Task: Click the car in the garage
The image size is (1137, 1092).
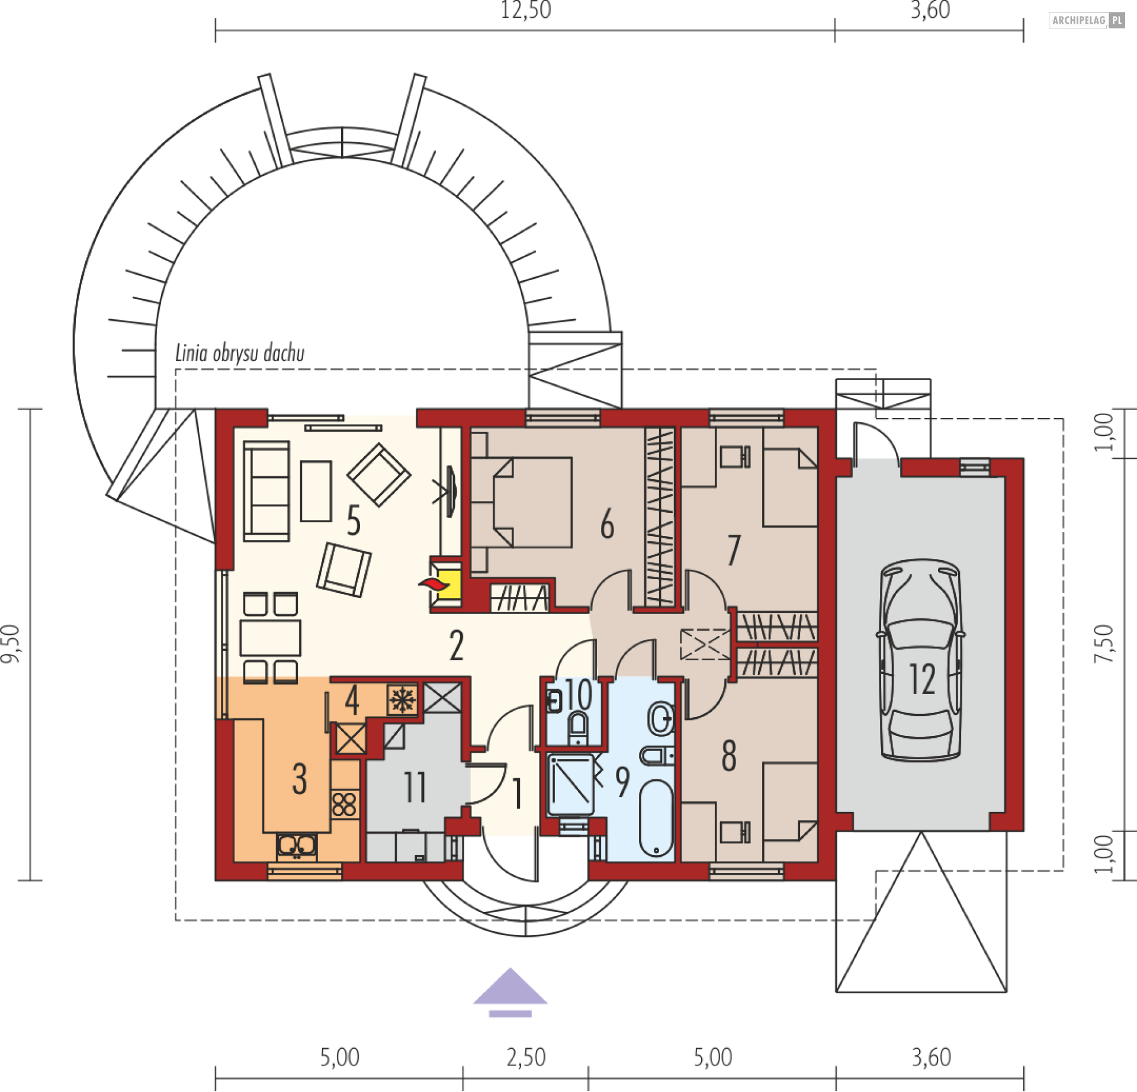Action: coord(921,660)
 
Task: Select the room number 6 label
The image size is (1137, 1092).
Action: coord(608,524)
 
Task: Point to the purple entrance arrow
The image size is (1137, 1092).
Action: coord(510,993)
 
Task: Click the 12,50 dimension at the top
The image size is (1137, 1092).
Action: coord(526,10)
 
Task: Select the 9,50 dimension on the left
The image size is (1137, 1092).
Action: coord(11,644)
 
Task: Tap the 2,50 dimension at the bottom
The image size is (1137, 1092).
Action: coord(526,1057)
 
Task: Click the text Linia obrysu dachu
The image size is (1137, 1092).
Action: coord(240,353)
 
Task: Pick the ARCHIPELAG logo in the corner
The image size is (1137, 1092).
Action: coord(1087,20)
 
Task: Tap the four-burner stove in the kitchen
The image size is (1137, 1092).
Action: coord(344,805)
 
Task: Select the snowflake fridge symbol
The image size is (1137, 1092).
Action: coord(402,700)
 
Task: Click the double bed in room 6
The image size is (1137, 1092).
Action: coord(522,502)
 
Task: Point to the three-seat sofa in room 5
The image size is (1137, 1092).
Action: coord(266,491)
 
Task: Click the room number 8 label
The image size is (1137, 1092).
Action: coord(730,756)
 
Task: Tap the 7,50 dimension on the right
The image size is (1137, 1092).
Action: coord(1104,644)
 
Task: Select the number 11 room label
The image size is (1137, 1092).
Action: coord(415,788)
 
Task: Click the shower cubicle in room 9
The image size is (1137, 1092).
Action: coord(571,785)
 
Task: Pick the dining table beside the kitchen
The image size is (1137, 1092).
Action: coord(270,638)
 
